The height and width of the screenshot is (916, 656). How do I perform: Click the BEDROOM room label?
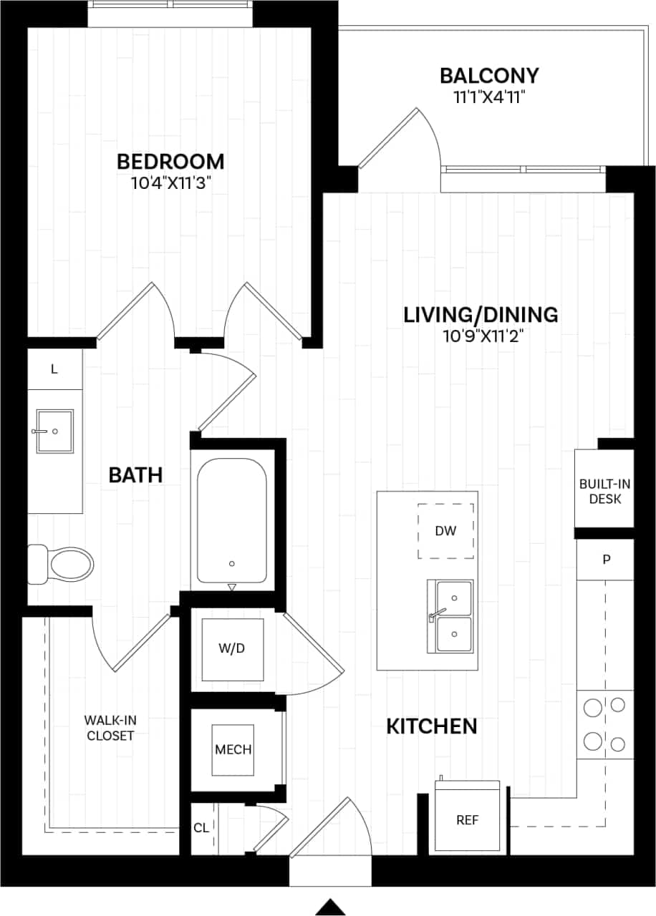(170, 161)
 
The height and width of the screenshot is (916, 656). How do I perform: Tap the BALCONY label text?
(489, 75)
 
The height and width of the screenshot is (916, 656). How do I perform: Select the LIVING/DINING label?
(481, 314)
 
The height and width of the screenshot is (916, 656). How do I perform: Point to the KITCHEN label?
(432, 727)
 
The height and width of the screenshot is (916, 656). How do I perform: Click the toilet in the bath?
(63, 563)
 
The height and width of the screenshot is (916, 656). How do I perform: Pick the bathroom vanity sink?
(54, 431)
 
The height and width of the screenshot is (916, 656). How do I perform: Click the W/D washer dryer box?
(232, 649)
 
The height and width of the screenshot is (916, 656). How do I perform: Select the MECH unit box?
(233, 749)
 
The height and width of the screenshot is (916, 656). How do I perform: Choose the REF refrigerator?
(468, 819)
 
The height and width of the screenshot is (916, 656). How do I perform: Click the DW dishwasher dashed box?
(445, 531)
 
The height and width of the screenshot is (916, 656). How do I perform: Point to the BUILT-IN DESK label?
(605, 491)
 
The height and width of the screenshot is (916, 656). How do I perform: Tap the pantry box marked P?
(606, 559)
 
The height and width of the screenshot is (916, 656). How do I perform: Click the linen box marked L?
(54, 369)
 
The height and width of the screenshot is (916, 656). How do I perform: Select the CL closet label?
(201, 828)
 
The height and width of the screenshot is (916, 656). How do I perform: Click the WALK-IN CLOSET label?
(110, 727)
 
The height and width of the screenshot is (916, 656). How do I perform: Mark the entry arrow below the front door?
(330, 906)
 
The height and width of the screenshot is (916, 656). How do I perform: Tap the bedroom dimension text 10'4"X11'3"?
(170, 183)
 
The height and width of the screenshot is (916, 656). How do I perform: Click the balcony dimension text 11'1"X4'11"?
(489, 97)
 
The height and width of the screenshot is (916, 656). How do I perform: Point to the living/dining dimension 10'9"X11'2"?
(481, 336)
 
